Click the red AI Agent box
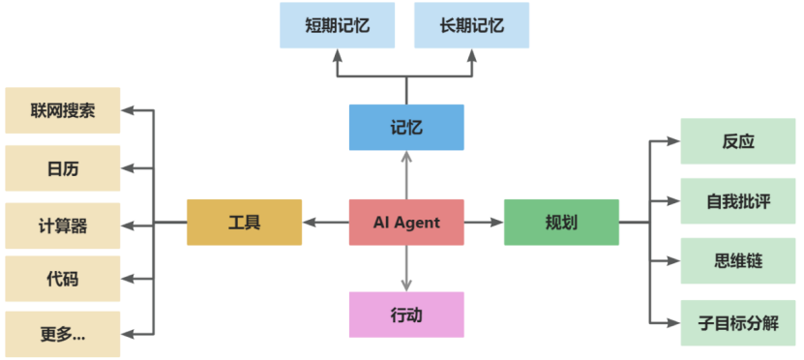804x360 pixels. (406, 223)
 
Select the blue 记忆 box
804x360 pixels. (406, 128)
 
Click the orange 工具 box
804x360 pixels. (244, 223)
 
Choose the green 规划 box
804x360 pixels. (561, 223)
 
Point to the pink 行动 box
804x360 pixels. (406, 315)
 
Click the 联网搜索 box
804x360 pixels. (63, 110)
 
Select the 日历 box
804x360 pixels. (63, 168)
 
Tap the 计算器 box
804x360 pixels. (63, 225)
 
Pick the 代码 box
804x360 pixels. (63, 280)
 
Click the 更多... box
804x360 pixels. (63, 335)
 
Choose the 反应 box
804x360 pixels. (738, 141)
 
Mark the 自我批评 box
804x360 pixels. (738, 201)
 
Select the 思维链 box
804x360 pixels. (738, 261)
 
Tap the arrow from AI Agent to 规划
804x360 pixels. (484, 223)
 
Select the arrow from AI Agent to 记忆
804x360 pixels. (406, 175)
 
